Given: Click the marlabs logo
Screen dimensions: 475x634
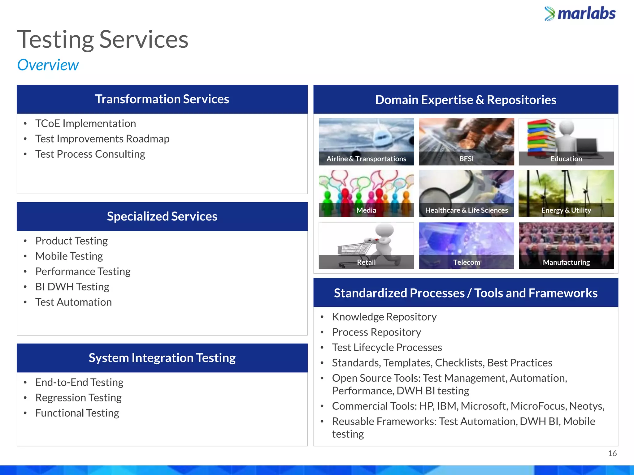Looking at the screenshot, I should pyautogui.click(x=580, y=14).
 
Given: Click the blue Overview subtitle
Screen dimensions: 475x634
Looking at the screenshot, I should pyautogui.click(x=48, y=65).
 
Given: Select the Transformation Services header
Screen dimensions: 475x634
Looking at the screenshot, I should pyautogui.click(x=162, y=99).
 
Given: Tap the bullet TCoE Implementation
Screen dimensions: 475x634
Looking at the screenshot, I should pyautogui.click(x=85, y=123).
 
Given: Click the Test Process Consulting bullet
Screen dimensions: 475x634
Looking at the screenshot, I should pyautogui.click(x=90, y=154).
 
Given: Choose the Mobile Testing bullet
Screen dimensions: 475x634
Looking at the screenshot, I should pyautogui.click(x=69, y=256).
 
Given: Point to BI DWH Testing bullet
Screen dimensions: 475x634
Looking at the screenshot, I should pyautogui.click(x=72, y=287).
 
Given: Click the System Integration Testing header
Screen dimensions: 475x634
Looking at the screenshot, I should pyautogui.click(x=162, y=358).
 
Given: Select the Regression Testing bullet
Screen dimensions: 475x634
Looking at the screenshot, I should pyautogui.click(x=78, y=398).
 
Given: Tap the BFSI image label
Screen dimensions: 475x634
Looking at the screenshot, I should pyautogui.click(x=466, y=159).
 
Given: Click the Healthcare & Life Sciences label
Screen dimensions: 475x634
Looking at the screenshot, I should pyautogui.click(x=466, y=210).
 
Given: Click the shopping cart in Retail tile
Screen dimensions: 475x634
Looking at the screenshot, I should pyautogui.click(x=354, y=250).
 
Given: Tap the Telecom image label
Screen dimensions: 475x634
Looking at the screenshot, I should pyautogui.click(x=466, y=262).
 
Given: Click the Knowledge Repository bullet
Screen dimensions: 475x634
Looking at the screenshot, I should pyautogui.click(x=384, y=317).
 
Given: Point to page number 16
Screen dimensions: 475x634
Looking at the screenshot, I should pyautogui.click(x=612, y=453).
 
